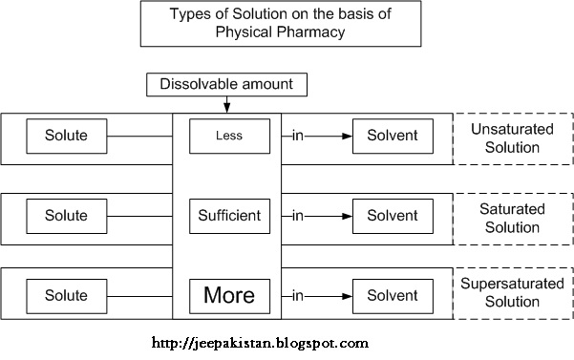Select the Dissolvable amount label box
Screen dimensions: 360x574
coord(226,85)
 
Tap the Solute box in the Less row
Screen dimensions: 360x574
coord(66,136)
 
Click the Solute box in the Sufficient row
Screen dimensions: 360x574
coord(66,214)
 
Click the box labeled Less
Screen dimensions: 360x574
coord(228,136)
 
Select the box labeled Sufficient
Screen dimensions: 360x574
coord(228,214)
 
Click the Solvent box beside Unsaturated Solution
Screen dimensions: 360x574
coord(392,136)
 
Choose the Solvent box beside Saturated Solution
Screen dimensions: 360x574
coord(392,214)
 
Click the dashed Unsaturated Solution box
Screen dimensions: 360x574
coord(512,138)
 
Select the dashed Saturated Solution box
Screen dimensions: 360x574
coord(512,218)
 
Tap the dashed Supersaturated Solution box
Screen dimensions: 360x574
coord(512,293)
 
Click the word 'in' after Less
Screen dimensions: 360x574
coord(299,136)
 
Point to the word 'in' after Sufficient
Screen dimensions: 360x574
coord(299,214)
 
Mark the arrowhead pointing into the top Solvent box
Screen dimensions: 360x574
coord(345,136)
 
